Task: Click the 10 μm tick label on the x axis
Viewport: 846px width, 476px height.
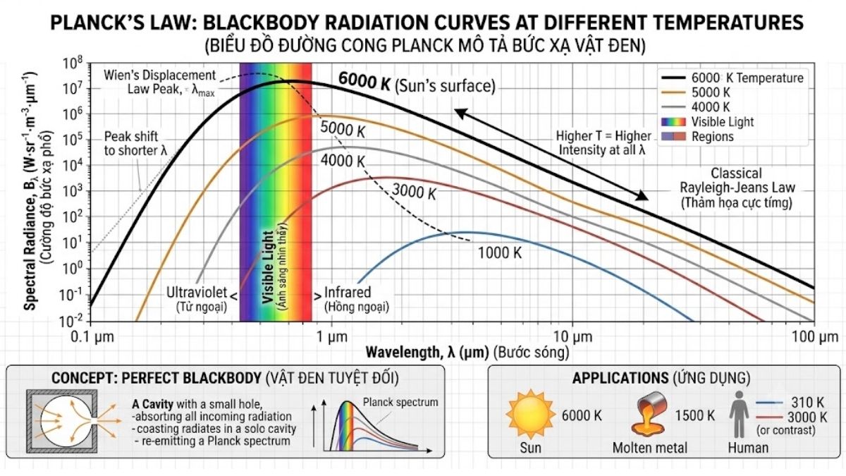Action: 573,336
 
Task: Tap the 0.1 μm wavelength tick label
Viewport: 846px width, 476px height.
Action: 92,336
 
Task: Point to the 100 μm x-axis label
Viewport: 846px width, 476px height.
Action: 815,336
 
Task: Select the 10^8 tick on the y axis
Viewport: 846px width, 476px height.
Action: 73,63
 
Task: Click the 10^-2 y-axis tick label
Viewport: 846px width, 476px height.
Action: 71,321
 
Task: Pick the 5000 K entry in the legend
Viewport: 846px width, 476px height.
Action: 711,92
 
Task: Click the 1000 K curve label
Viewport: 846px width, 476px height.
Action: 500,252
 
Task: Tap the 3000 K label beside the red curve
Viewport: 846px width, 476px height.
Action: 414,191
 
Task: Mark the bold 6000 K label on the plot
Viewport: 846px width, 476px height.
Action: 364,80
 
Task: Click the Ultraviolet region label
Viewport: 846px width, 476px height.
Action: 197,299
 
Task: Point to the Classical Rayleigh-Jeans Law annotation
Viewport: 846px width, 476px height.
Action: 737,188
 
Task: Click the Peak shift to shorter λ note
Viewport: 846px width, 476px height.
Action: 135,144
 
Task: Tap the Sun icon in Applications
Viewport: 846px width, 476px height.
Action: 531,414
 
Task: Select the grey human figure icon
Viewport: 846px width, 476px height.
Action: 739,414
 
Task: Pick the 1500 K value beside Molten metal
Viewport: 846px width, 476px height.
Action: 695,415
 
